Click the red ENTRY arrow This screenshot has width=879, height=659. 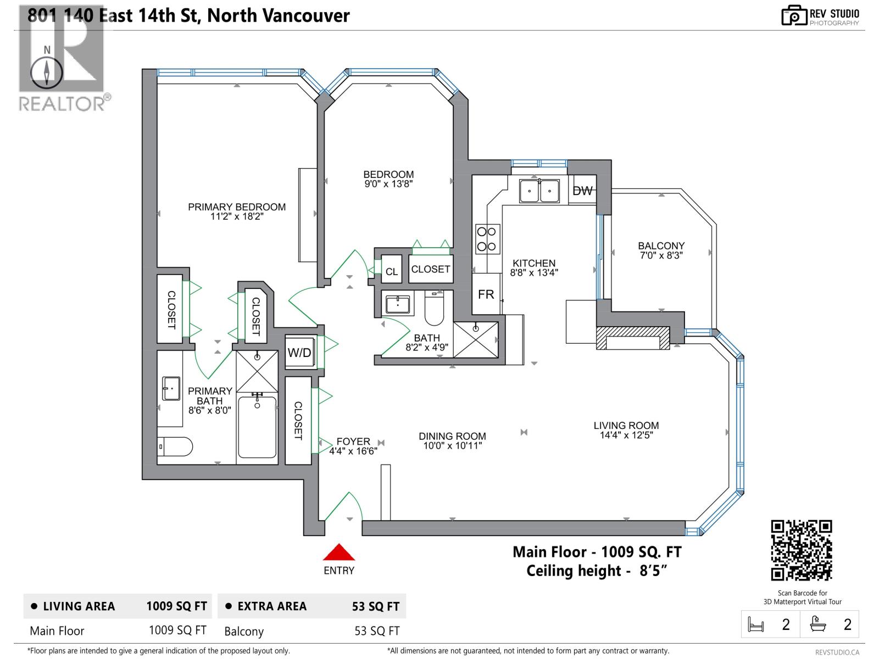(x=339, y=552)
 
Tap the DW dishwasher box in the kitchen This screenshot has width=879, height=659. (x=582, y=190)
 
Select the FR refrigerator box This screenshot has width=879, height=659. (x=486, y=294)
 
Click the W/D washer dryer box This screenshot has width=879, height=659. (x=300, y=353)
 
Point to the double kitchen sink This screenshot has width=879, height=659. (x=539, y=191)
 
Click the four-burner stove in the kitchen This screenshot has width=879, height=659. (x=487, y=239)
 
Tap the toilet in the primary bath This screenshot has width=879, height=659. (x=175, y=446)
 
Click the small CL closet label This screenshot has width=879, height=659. (x=391, y=271)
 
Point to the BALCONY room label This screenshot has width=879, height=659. (x=661, y=246)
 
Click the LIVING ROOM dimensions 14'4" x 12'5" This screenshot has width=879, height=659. (x=626, y=435)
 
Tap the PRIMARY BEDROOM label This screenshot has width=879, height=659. (x=237, y=207)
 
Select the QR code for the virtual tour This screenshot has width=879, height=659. (x=801, y=550)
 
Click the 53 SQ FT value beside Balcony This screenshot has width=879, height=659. (x=377, y=631)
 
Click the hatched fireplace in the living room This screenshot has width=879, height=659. (x=633, y=338)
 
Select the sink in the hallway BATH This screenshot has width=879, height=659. (x=397, y=304)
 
